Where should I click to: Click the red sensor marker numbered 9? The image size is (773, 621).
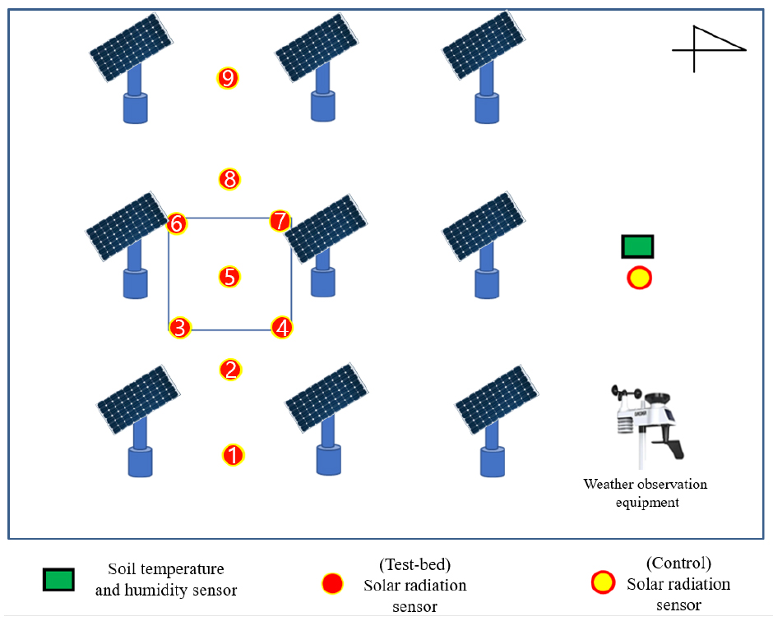pyautogui.click(x=228, y=78)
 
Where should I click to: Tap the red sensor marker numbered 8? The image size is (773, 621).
pyautogui.click(x=229, y=178)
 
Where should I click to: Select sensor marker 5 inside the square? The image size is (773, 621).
pyautogui.click(x=230, y=277)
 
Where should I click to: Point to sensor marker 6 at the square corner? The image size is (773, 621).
pyautogui.click(x=177, y=223)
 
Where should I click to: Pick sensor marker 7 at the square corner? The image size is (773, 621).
pyautogui.click(x=280, y=221)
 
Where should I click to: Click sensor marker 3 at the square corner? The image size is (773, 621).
pyautogui.click(x=180, y=328)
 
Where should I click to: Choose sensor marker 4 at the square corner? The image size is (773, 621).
pyautogui.click(x=282, y=328)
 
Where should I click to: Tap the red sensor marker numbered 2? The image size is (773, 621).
pyautogui.click(x=231, y=370)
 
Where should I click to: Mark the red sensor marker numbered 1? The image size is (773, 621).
pyautogui.click(x=234, y=454)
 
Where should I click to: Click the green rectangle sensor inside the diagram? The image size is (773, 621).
pyautogui.click(x=638, y=246)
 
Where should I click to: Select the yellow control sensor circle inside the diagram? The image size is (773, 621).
pyautogui.click(x=639, y=278)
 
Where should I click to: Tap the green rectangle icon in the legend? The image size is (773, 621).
pyautogui.click(x=59, y=580)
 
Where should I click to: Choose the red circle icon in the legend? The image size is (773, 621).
pyautogui.click(x=332, y=584)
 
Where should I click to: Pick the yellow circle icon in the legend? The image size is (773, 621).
pyautogui.click(x=603, y=584)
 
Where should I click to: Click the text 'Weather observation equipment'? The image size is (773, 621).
pyautogui.click(x=646, y=493)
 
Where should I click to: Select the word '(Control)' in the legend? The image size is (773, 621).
pyautogui.click(x=678, y=563)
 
